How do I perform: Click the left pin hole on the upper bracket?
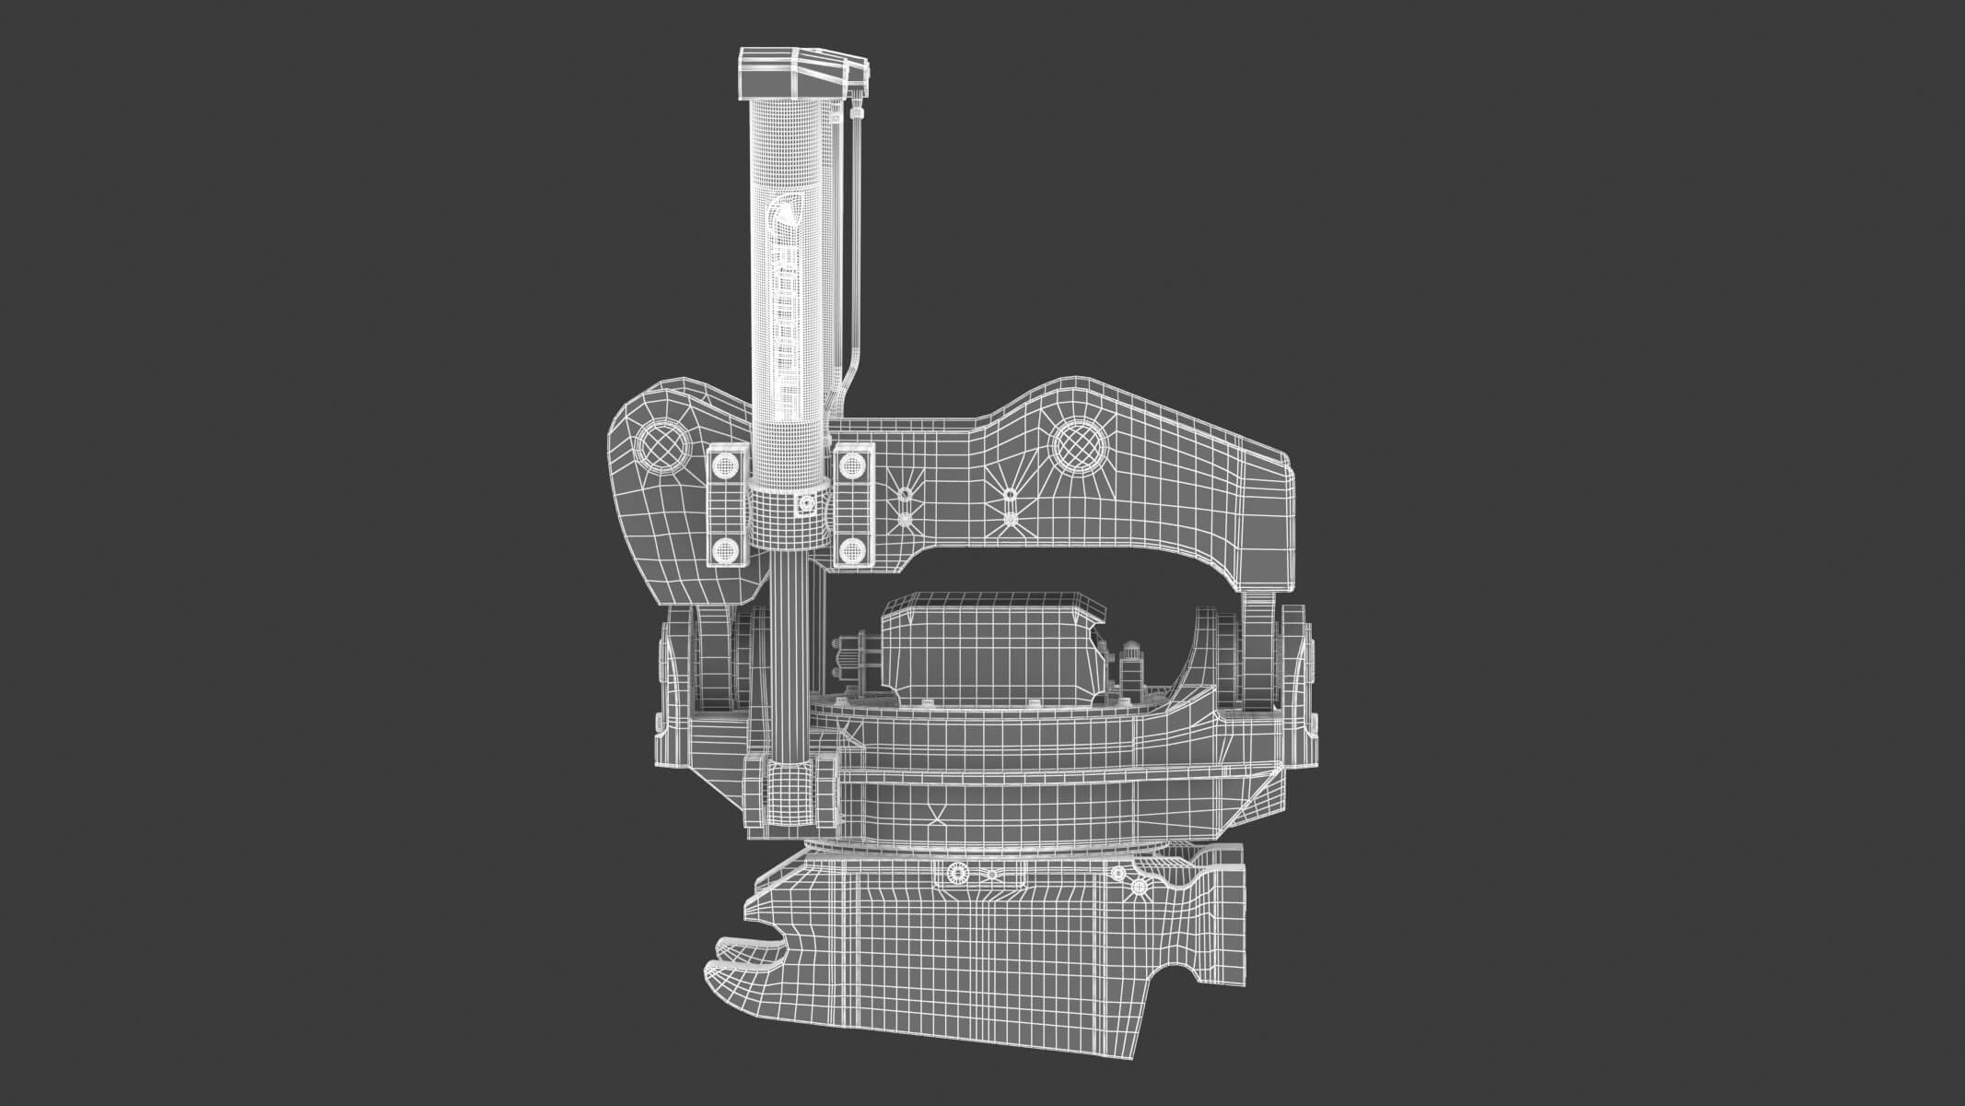click(x=661, y=448)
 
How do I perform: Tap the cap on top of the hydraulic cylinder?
click(x=792, y=74)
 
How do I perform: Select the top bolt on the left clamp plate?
click(x=725, y=463)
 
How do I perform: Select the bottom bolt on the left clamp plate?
click(x=725, y=550)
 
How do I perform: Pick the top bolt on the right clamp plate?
click(x=853, y=463)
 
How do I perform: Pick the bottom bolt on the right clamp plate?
click(x=853, y=550)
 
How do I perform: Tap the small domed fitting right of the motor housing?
click(x=1129, y=660)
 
